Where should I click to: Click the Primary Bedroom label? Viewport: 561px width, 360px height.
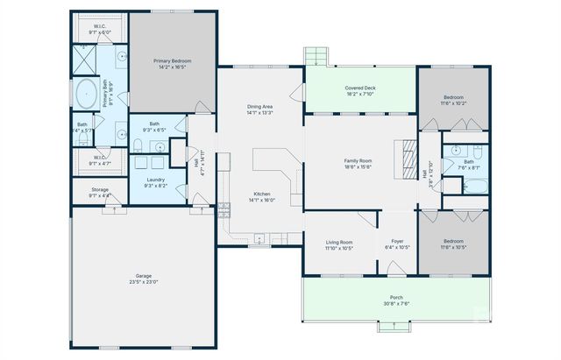pos(172,60)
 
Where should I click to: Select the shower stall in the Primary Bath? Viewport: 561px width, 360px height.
pos(84,59)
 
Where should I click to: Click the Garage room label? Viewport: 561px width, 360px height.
pos(144,276)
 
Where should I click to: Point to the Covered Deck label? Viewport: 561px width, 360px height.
pos(360,88)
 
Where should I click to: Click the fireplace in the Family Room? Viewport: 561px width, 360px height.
pos(408,159)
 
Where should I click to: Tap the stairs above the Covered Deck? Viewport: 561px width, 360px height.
pos(315,57)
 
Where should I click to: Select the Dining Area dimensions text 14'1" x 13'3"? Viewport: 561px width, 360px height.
pos(260,113)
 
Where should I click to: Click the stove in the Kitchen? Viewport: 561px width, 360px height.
pos(224,210)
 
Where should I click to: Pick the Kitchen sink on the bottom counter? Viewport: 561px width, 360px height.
pos(260,237)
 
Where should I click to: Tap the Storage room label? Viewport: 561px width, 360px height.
pos(100,189)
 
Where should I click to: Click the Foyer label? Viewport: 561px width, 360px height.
pos(398,241)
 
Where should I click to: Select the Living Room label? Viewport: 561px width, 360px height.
pos(339,241)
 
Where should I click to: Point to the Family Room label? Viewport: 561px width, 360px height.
pos(358,161)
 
